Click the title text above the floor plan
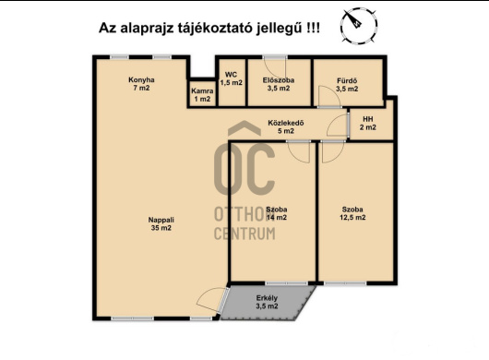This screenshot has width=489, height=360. point(210,29)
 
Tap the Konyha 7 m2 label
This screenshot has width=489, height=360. point(141,84)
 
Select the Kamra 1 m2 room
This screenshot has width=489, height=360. point(201,95)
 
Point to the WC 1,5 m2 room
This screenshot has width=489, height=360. point(231,79)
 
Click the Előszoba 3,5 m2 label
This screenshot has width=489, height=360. point(278,84)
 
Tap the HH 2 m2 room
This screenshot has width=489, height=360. point(368,124)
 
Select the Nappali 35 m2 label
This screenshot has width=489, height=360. point(161,222)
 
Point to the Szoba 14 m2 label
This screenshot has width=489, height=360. point(277,214)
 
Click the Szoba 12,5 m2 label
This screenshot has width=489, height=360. point(352,214)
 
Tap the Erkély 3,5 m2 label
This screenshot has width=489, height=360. point(267,302)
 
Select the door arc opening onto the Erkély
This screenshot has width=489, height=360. point(212,303)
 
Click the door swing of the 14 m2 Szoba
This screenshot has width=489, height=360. point(297,153)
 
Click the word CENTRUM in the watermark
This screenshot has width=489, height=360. point(244,234)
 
